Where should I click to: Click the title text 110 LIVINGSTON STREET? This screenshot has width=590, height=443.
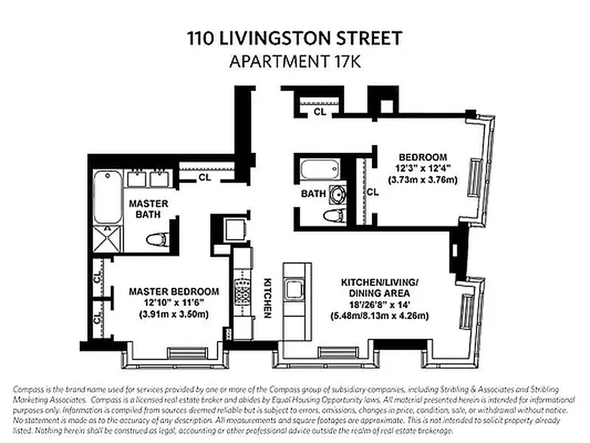(x=294, y=39)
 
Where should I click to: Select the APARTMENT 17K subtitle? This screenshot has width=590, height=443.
(x=294, y=61)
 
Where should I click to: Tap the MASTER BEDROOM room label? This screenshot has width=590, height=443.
(x=174, y=291)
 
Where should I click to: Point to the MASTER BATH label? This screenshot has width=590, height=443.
(x=148, y=209)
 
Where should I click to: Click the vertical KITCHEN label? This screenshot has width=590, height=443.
(x=266, y=297)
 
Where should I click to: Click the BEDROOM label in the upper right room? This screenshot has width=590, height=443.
(x=422, y=157)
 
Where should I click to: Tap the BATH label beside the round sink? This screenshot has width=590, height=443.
(x=313, y=194)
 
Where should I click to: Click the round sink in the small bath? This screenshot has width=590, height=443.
(x=337, y=194)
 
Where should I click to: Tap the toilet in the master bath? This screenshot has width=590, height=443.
(x=157, y=240)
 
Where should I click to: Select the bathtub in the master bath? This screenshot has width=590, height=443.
(x=107, y=197)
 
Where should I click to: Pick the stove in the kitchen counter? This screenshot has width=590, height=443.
(x=244, y=291)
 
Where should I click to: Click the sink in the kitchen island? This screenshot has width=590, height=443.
(x=292, y=288)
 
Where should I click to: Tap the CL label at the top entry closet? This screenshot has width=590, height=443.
(x=320, y=111)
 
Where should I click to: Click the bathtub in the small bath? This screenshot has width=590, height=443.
(x=319, y=169)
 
